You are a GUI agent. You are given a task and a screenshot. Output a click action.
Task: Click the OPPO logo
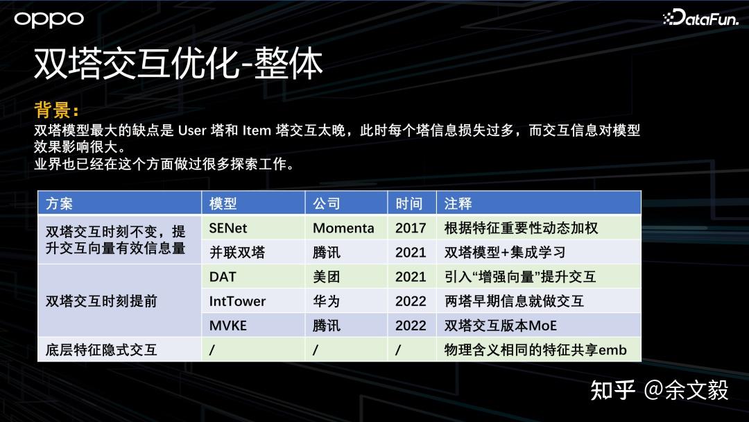click(x=49, y=19)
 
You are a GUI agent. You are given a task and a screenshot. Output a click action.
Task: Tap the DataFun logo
click(x=700, y=17)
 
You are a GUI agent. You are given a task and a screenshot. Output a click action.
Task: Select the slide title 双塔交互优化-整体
click(x=178, y=64)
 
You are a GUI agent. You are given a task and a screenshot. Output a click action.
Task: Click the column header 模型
click(x=223, y=203)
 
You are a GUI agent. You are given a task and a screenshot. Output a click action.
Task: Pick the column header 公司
click(x=327, y=203)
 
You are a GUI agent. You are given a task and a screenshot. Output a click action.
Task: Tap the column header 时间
click(x=409, y=203)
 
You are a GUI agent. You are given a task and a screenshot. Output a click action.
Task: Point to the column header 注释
click(x=458, y=203)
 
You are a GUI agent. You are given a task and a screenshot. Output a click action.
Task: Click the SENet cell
click(x=228, y=228)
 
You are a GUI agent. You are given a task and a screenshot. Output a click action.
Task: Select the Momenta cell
click(x=343, y=228)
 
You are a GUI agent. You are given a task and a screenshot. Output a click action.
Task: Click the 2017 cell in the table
click(x=411, y=228)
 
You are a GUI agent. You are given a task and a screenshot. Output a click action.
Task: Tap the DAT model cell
click(x=223, y=277)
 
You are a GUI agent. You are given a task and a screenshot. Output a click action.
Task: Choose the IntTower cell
click(x=237, y=301)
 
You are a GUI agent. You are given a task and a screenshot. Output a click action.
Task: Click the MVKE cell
click(x=228, y=326)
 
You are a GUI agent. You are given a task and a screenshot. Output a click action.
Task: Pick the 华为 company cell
click(x=327, y=301)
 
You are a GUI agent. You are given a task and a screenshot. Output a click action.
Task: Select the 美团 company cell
click(x=327, y=277)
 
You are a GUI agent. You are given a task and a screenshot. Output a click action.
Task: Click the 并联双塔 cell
click(x=237, y=253)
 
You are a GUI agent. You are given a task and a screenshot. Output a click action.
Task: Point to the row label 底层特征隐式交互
click(x=101, y=350)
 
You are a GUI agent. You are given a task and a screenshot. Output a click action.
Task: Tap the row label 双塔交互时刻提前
click(x=101, y=301)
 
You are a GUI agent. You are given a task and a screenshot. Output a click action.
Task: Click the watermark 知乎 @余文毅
click(x=660, y=391)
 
